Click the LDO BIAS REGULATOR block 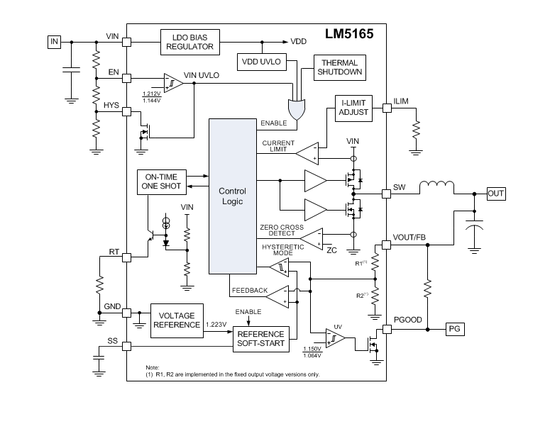[189, 42]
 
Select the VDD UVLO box [262, 62]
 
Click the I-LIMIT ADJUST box [353, 108]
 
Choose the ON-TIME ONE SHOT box [161, 182]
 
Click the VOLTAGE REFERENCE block [177, 320]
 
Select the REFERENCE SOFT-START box [260, 339]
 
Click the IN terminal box [54, 42]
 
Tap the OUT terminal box [496, 193]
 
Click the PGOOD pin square [387, 329]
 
